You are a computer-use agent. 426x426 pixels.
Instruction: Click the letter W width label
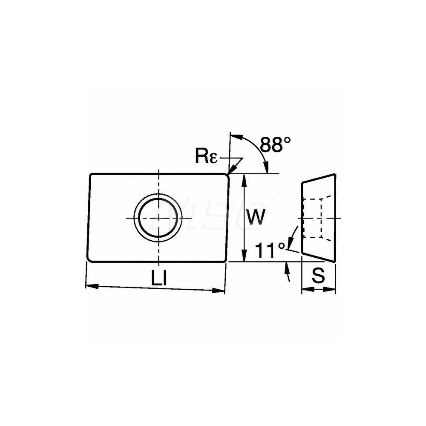point(257,217)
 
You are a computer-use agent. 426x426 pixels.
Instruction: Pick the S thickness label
point(318,276)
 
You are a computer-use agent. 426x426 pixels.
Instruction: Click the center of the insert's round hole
point(158,218)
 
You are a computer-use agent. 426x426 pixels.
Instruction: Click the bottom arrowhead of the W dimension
point(244,258)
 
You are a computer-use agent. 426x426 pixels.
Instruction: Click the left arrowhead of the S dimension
point(305,290)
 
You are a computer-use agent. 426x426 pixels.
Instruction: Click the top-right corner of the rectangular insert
point(228,174)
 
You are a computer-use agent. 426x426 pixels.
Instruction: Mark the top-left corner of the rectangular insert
point(90,174)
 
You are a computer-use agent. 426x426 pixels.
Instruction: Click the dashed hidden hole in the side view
point(313,218)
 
